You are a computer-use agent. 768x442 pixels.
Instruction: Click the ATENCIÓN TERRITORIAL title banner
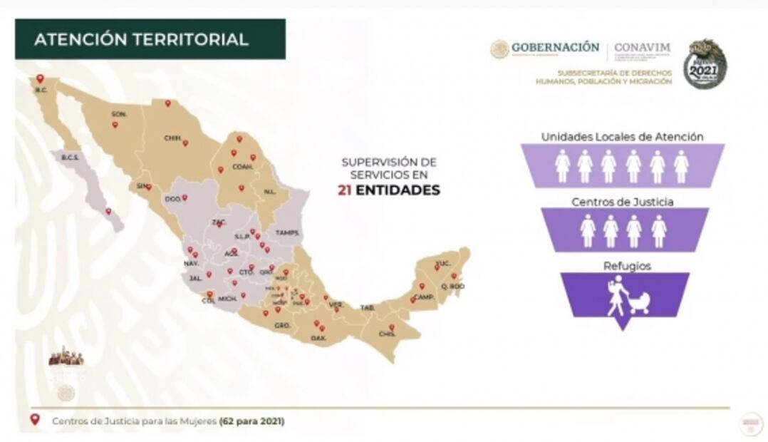coord(150,39)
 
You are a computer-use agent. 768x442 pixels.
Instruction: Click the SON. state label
coord(119,114)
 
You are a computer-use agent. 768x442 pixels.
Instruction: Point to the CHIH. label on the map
coord(172,138)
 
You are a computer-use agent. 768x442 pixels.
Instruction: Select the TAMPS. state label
coord(288,233)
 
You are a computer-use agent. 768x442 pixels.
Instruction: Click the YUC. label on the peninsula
coord(443,264)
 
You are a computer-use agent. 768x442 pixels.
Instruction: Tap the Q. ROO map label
coord(454,287)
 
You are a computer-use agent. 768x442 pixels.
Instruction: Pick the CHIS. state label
coord(388,334)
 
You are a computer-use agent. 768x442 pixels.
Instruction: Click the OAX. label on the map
coord(318,337)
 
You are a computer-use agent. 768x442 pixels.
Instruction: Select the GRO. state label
coord(282,325)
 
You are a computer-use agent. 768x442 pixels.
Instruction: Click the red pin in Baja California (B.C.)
coord(41,79)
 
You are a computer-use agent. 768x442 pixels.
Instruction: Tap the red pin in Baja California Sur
coord(108,211)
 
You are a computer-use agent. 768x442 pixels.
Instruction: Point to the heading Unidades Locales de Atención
coord(622,136)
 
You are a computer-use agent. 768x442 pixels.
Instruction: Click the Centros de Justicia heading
coord(622,202)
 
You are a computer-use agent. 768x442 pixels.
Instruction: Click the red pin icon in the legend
coord(34,420)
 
